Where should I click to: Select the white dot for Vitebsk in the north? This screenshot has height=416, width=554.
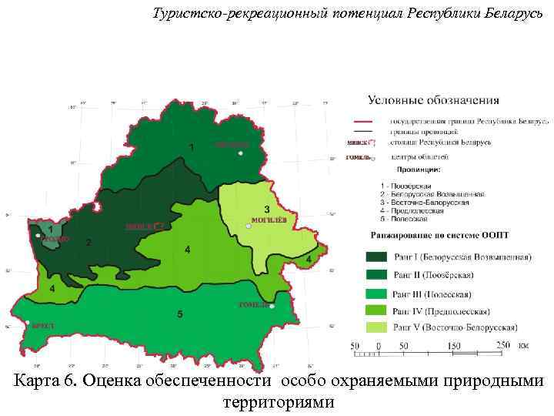[241, 153]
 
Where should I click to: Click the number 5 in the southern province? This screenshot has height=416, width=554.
[179, 314]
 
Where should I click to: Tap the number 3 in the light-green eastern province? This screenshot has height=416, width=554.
[266, 209]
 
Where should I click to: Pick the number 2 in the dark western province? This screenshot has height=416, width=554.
[88, 243]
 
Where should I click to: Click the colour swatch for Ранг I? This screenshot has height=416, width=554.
[375, 257]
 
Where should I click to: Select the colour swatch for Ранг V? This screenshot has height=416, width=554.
[375, 329]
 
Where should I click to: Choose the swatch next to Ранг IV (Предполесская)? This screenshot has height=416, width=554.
[375, 311]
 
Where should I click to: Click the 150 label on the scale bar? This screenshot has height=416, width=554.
[454, 346]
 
